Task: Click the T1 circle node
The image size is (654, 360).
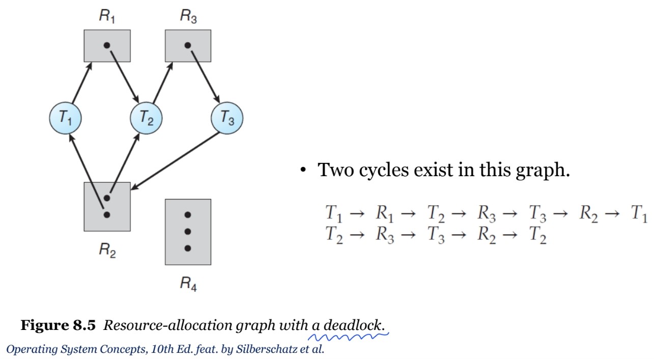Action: (65, 118)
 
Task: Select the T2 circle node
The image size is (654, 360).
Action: (146, 118)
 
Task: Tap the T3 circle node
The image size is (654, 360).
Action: (227, 118)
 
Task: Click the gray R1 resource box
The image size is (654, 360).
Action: (107, 45)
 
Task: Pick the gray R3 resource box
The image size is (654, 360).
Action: (188, 45)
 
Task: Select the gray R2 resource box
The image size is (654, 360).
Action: (107, 206)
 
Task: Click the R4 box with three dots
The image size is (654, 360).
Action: (188, 232)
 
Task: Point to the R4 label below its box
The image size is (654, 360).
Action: (188, 284)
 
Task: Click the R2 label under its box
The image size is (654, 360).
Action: (107, 250)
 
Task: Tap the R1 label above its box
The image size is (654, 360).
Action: (107, 16)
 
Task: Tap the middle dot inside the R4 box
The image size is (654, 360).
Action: (188, 232)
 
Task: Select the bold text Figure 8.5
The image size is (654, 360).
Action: (58, 325)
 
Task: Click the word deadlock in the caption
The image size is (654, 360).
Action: (354, 325)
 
